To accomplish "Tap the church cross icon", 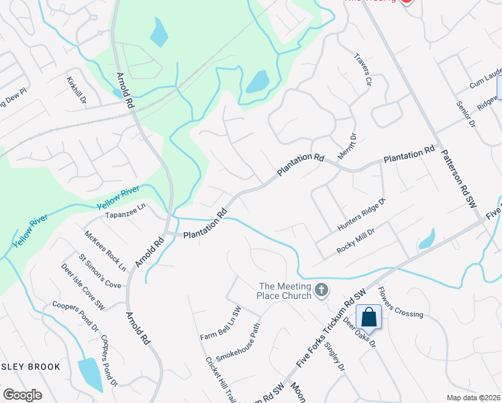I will [321, 290].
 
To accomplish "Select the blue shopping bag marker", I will [369, 316].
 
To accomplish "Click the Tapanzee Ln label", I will [125, 216].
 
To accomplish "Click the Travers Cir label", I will [362, 71].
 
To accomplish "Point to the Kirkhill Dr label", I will [77, 89].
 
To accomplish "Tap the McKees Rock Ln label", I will [105, 250].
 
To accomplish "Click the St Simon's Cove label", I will [100, 271].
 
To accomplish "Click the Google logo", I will [22, 395].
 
